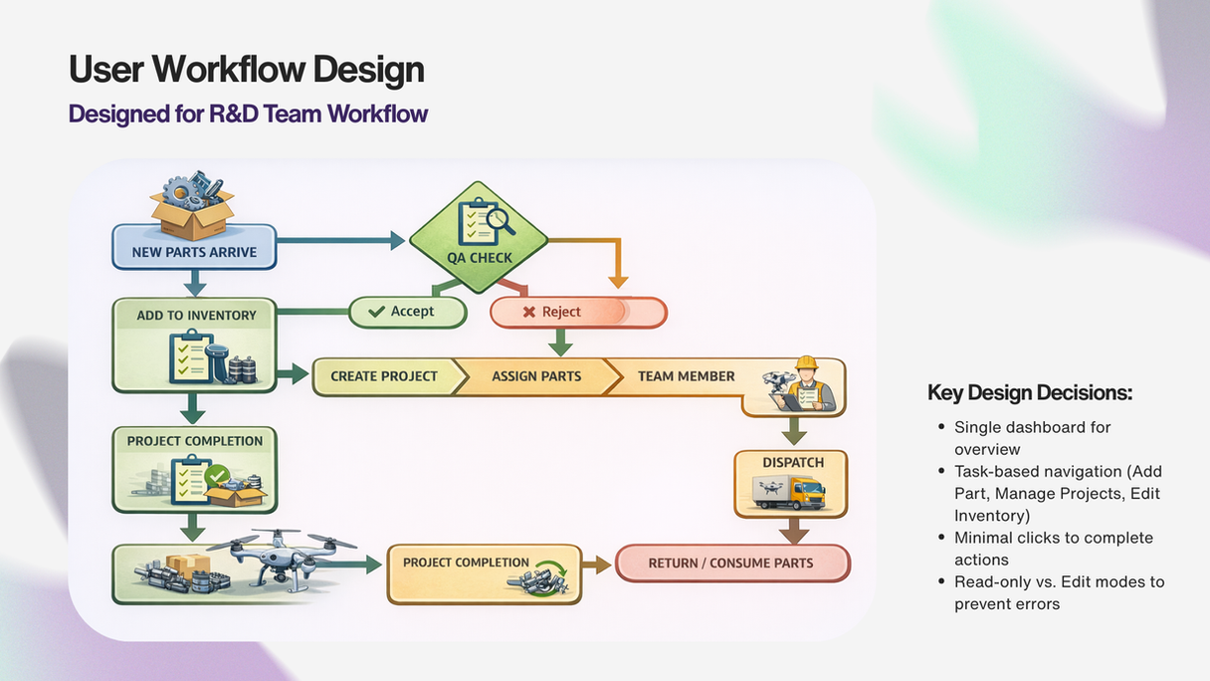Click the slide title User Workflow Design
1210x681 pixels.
(x=246, y=70)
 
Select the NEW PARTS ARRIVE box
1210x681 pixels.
(x=194, y=251)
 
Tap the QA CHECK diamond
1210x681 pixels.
(x=479, y=239)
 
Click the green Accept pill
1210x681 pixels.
(x=408, y=312)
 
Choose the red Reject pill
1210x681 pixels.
(x=577, y=313)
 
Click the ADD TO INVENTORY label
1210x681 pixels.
(x=196, y=315)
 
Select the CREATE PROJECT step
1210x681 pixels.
(x=384, y=376)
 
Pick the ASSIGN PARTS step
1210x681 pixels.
(x=536, y=376)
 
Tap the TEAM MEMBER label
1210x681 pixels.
(x=686, y=376)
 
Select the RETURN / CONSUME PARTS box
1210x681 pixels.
(x=732, y=563)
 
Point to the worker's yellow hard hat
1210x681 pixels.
(x=805, y=364)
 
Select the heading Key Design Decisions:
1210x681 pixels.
(x=1029, y=392)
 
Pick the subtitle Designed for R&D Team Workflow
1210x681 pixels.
(x=248, y=113)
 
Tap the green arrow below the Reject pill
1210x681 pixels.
(x=560, y=342)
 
